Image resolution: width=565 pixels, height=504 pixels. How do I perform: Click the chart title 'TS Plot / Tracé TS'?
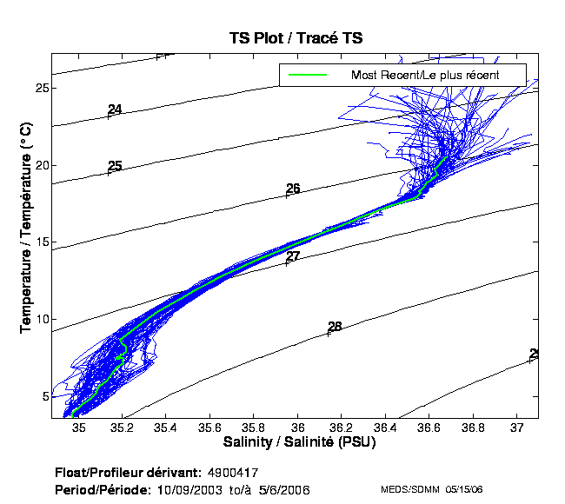click(296, 38)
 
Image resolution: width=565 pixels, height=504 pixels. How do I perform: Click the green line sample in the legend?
click(307, 76)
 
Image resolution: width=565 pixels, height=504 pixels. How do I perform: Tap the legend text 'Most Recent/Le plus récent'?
click(424, 76)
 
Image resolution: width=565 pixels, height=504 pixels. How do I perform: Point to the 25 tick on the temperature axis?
click(41, 89)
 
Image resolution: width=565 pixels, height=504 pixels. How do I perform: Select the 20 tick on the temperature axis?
click(41, 165)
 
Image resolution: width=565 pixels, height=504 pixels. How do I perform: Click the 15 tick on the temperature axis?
click(41, 242)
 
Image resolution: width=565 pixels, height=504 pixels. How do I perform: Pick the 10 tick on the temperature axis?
click(41, 319)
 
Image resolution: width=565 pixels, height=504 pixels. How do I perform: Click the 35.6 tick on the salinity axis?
click(209, 428)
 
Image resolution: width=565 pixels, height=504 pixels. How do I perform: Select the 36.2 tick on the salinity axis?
click(341, 428)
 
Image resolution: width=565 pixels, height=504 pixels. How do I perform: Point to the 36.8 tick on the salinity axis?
click(472, 428)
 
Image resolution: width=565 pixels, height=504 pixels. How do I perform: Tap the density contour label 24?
click(115, 109)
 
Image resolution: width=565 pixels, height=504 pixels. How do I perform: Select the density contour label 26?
click(293, 189)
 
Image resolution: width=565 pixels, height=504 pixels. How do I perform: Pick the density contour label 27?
click(293, 256)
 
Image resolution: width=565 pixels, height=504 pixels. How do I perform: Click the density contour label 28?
click(335, 327)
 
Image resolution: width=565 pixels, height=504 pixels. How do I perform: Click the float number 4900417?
click(233, 473)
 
